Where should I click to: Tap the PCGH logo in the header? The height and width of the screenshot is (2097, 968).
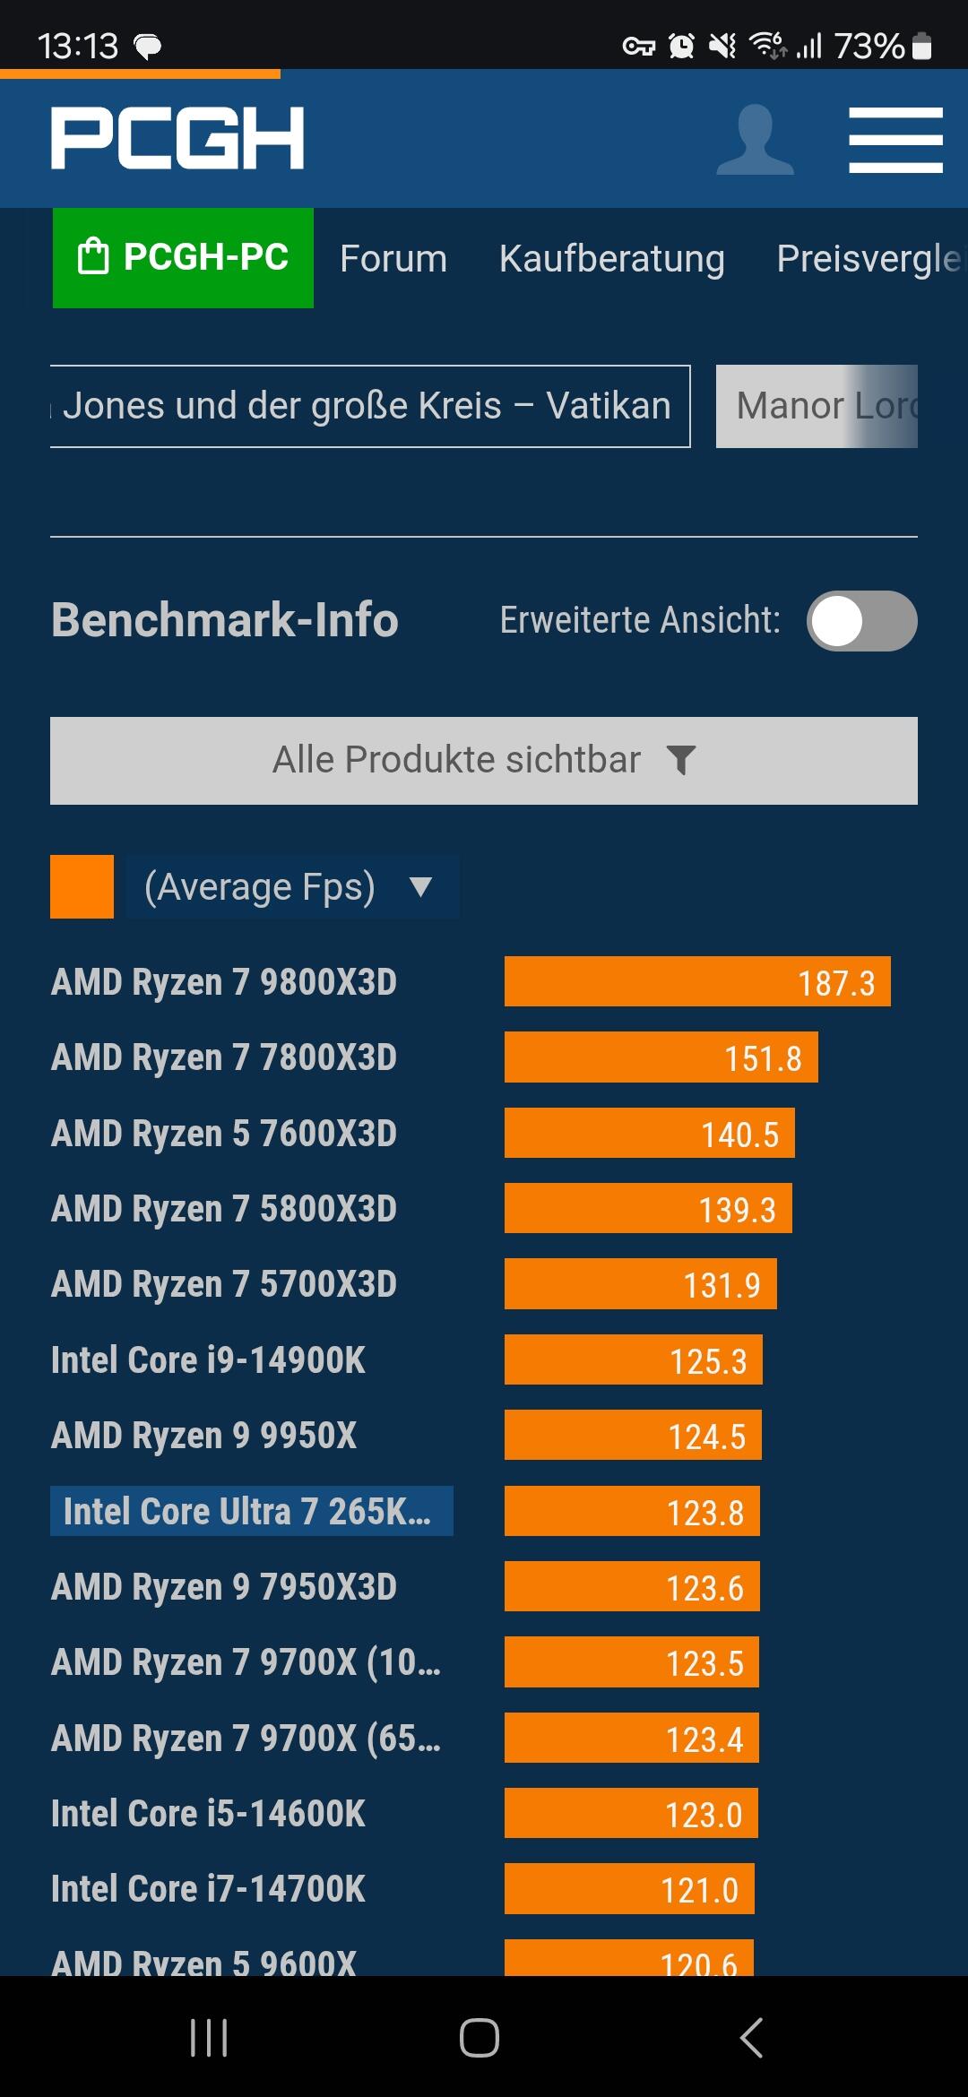coord(177,138)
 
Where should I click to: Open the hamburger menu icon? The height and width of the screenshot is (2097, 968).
coord(895,140)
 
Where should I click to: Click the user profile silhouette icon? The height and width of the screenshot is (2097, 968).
coord(755,140)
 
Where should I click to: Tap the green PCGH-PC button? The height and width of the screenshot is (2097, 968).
coord(183,258)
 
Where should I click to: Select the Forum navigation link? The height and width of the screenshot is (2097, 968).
coord(393,259)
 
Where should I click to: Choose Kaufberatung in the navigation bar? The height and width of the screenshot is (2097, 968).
coord(611,259)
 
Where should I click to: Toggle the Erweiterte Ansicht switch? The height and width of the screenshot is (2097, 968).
coord(861,621)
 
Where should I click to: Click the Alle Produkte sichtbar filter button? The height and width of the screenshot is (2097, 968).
coord(484,761)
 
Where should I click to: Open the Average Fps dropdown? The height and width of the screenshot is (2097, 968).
coord(292,887)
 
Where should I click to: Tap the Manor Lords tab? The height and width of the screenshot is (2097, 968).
coord(817,406)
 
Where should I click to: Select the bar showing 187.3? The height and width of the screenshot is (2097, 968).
coord(697,982)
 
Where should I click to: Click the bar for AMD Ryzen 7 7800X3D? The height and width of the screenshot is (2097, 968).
coord(661,1057)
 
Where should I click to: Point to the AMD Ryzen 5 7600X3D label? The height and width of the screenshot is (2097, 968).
coord(224,1134)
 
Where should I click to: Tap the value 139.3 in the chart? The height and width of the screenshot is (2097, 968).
coord(737,1210)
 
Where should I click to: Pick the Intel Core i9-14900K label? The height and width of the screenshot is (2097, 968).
coord(208,1360)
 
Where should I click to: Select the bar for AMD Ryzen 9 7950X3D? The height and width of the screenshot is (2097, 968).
coord(632,1587)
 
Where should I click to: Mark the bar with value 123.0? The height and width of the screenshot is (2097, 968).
coord(631,1814)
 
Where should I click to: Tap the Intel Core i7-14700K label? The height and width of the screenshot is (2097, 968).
coord(208,1889)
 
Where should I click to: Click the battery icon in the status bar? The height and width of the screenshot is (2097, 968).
coord(921,46)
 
